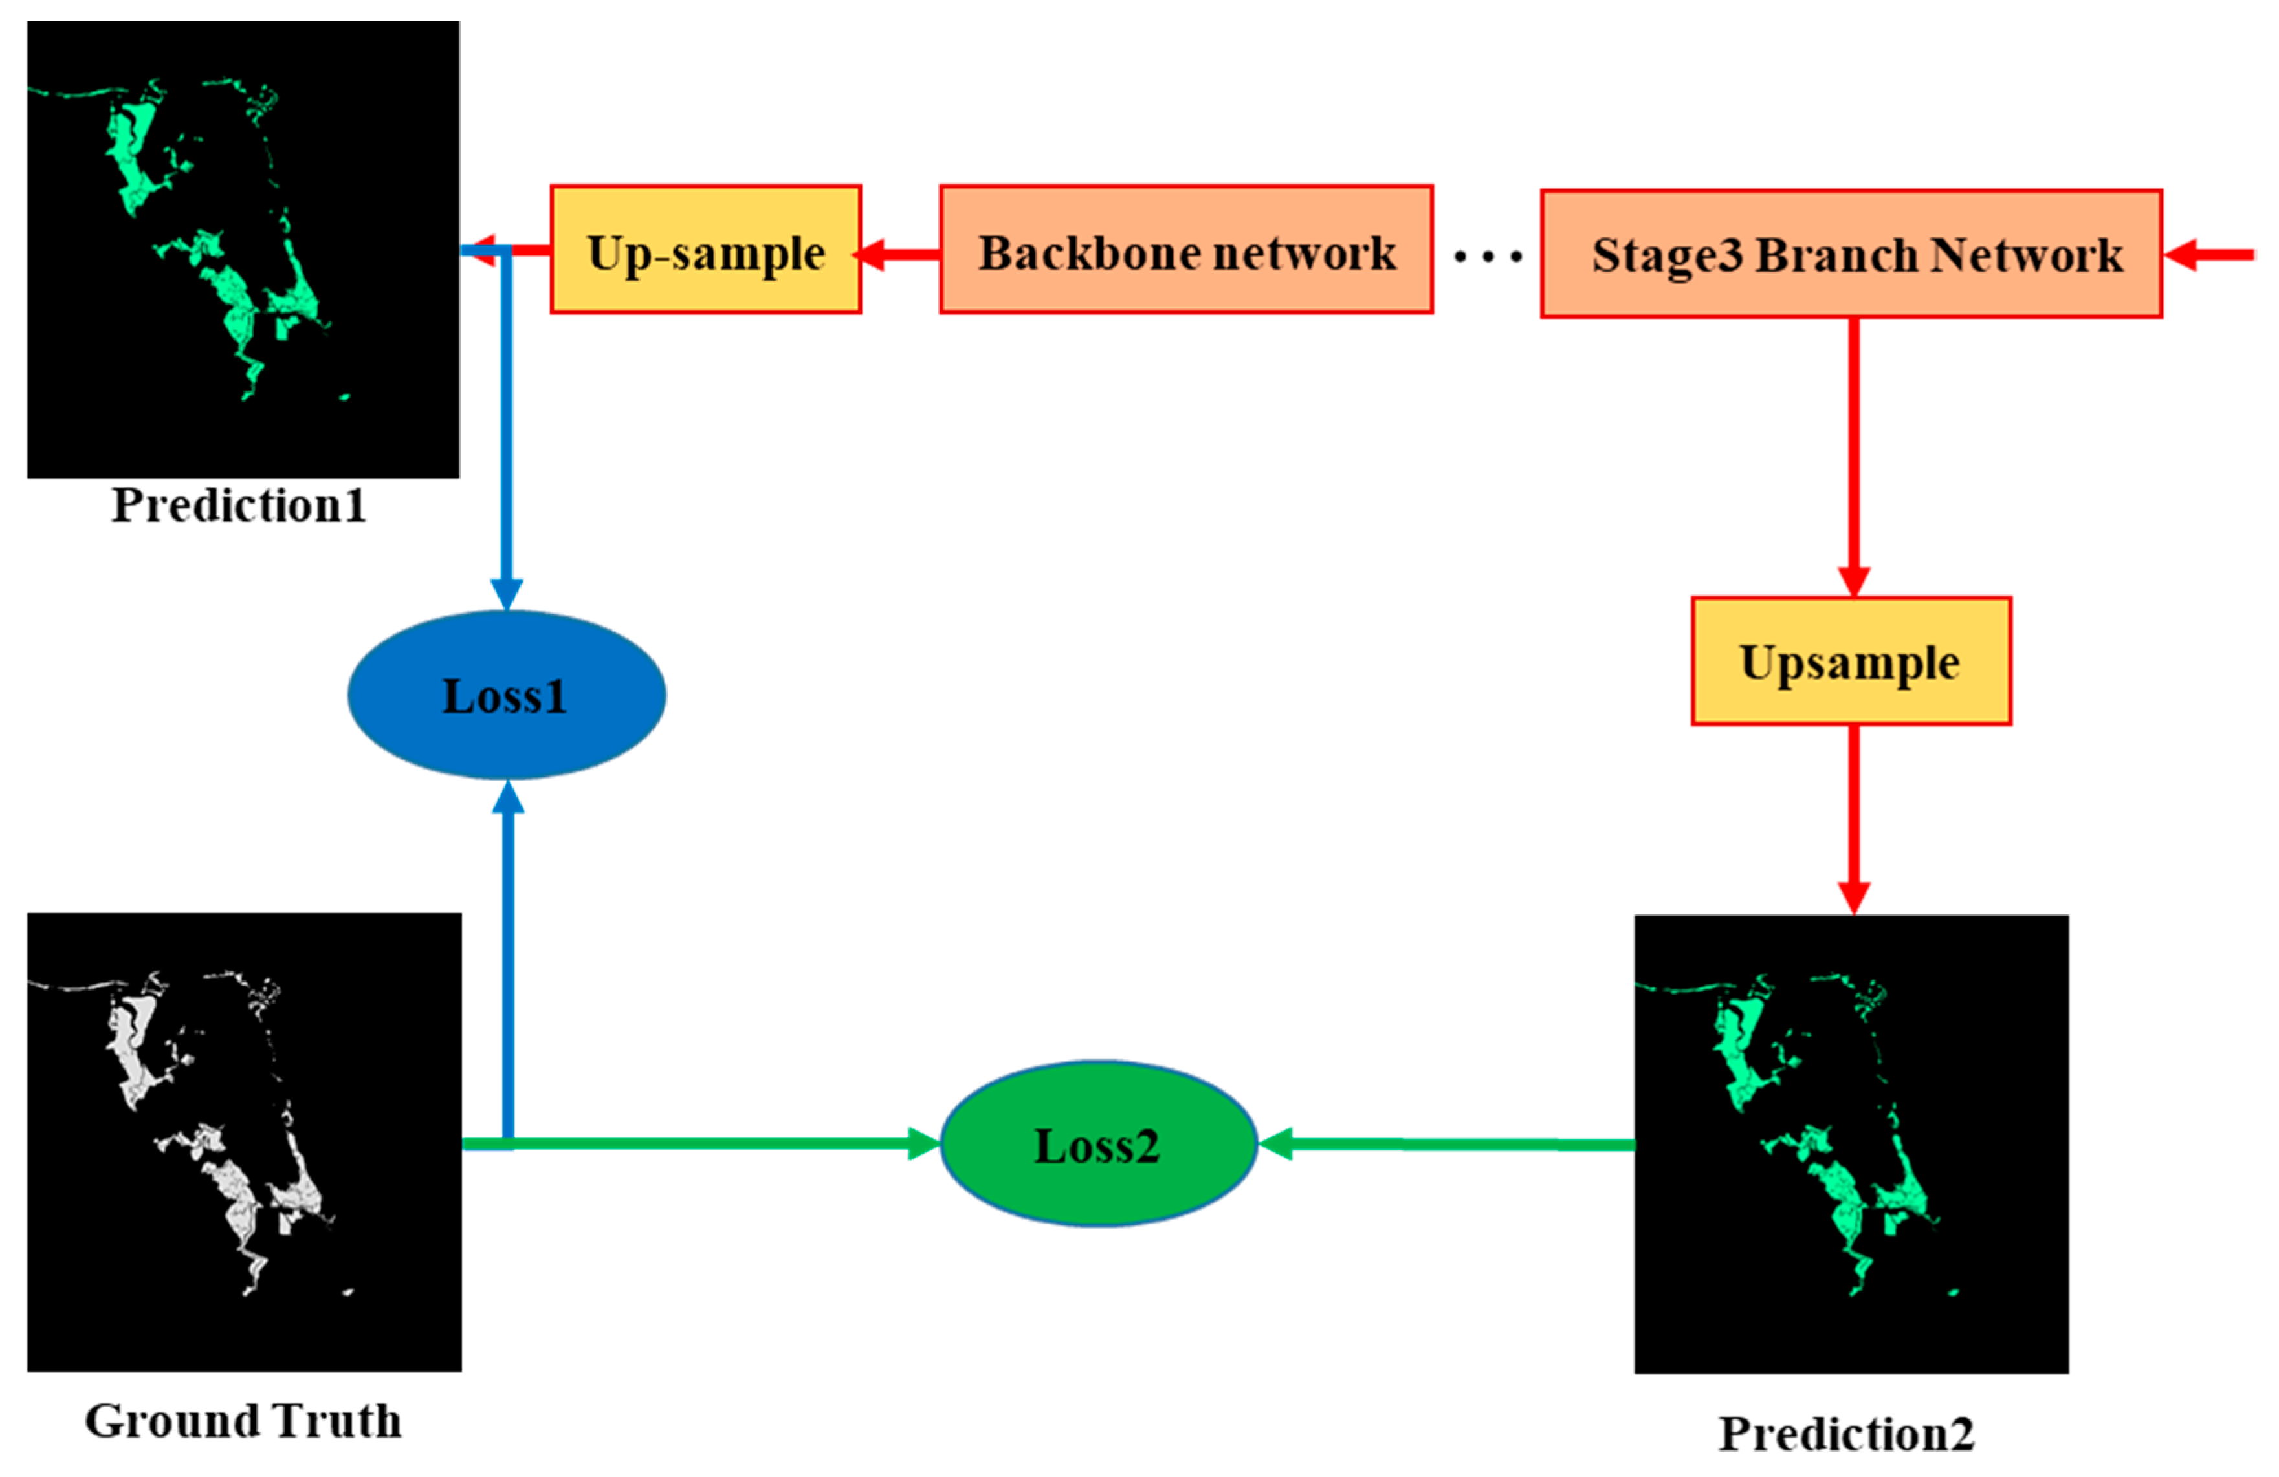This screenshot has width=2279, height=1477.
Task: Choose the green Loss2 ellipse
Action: tap(1097, 1144)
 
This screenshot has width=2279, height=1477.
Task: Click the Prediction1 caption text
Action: tap(238, 504)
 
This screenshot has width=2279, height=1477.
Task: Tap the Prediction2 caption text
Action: tap(1845, 1434)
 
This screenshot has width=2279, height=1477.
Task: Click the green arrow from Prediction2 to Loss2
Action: tap(1446, 1144)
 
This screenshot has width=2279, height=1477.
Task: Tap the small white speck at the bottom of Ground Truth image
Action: tap(347, 1292)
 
